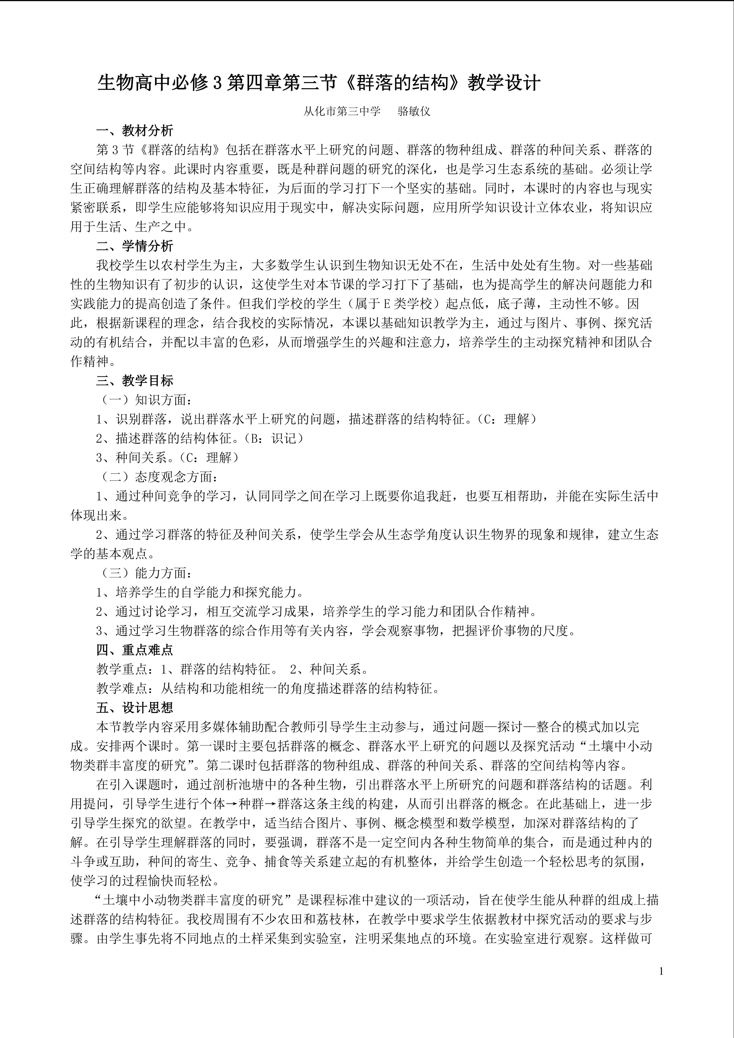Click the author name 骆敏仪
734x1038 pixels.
(x=414, y=111)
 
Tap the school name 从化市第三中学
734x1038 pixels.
(x=342, y=111)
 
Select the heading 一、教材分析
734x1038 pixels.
(x=135, y=131)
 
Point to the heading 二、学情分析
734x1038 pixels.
(x=135, y=246)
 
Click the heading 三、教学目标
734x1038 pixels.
(x=135, y=381)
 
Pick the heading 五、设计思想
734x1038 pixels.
(x=135, y=708)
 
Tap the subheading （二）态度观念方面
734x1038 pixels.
(x=158, y=477)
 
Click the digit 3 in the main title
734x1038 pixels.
(x=217, y=84)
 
